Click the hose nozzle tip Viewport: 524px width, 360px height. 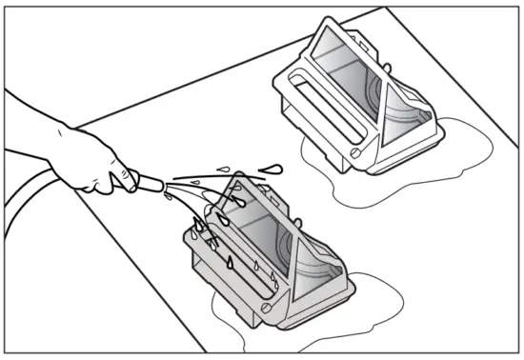pos(162,181)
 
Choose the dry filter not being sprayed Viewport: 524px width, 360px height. pos(362,105)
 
